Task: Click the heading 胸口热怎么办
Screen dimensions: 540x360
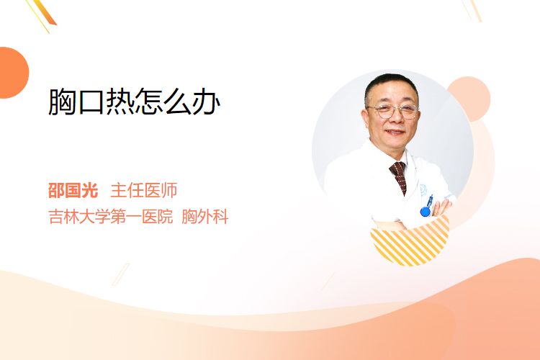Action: (x=135, y=102)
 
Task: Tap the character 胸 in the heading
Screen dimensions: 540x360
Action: (x=62, y=102)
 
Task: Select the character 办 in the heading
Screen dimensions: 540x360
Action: (x=207, y=102)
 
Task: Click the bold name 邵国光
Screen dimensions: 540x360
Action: (x=73, y=191)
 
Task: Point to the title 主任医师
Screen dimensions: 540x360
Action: (x=143, y=191)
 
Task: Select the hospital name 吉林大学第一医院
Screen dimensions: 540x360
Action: (x=111, y=217)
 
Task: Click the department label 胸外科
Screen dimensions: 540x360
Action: (x=205, y=217)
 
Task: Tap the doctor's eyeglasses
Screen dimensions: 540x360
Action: (x=393, y=111)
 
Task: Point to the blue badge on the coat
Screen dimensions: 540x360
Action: (x=426, y=211)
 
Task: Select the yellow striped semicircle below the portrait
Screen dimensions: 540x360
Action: (x=410, y=243)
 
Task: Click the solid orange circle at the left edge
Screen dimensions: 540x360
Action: (x=14, y=73)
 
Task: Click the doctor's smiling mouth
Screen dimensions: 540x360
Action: (x=395, y=132)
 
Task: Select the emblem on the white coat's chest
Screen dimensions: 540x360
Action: (x=423, y=189)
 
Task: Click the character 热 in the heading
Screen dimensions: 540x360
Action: (x=120, y=102)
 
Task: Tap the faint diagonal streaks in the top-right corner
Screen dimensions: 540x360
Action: (x=472, y=10)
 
